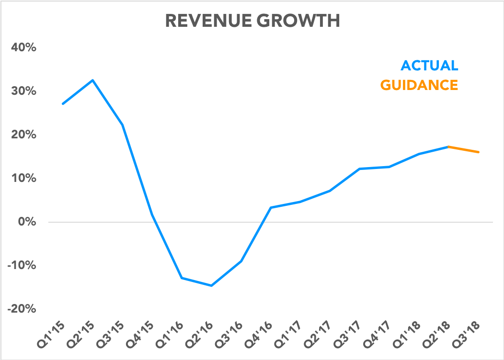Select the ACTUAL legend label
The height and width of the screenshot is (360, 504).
coord(429,66)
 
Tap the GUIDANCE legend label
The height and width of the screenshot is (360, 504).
coord(419,85)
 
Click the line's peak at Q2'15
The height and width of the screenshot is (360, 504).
coord(93,80)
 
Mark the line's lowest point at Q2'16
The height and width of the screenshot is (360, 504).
coord(211,286)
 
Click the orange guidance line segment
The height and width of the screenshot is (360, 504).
coord(463,149)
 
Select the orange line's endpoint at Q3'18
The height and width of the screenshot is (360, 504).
coord(478,152)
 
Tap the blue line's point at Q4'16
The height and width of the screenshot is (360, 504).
coord(271,208)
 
